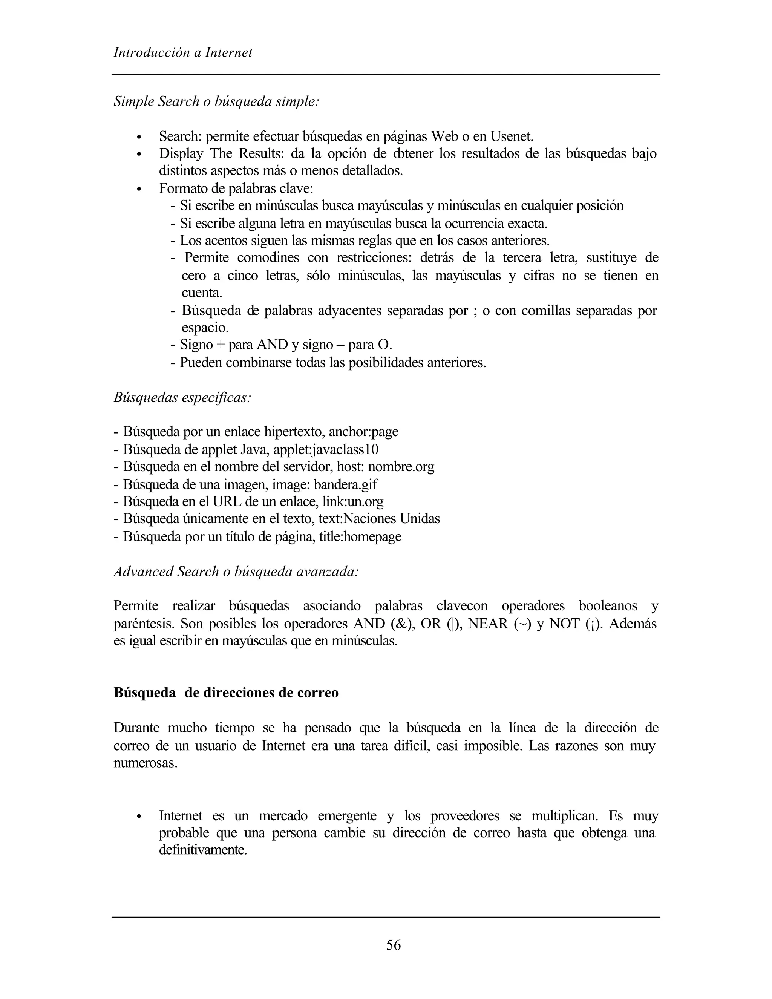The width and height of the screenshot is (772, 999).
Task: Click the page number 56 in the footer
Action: point(393,945)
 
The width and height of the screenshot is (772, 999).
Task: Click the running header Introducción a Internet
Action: point(182,53)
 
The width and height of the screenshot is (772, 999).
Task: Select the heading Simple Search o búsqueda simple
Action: point(216,101)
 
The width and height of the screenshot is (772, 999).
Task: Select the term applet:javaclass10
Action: point(326,449)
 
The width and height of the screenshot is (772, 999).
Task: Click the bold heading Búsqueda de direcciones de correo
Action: point(226,693)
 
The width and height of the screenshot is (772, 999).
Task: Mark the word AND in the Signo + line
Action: point(272,344)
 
